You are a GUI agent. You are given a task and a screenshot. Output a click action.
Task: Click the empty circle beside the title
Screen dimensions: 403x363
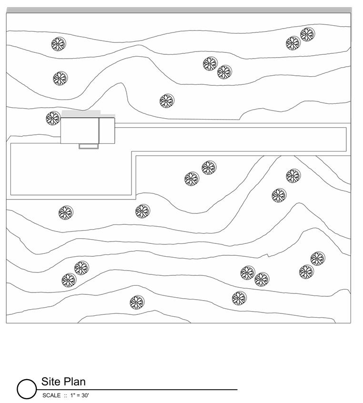[x=27, y=389]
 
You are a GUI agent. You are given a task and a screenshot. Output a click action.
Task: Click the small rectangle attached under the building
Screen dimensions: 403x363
[x=89, y=146]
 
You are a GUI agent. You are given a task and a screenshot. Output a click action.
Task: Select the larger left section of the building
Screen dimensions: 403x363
[x=80, y=131]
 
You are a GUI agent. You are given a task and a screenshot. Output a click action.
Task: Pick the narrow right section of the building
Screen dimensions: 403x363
[x=107, y=131]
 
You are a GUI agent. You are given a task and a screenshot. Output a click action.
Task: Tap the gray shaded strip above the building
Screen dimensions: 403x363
[x=81, y=113]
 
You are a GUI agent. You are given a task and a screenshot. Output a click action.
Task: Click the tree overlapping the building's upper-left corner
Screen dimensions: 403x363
[x=53, y=118]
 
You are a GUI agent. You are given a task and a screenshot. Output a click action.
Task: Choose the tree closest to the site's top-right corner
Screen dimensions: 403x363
[x=307, y=34]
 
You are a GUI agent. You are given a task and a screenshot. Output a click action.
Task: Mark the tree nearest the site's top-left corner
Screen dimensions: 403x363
[x=59, y=44]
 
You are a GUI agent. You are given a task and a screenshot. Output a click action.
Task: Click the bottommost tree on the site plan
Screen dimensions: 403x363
[x=137, y=302]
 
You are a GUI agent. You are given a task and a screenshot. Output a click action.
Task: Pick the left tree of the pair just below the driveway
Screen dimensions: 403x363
[x=192, y=179]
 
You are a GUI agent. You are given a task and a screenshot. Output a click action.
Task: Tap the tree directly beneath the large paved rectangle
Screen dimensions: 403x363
[x=64, y=213]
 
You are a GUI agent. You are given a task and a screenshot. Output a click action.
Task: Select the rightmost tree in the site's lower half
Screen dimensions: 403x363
[x=318, y=259]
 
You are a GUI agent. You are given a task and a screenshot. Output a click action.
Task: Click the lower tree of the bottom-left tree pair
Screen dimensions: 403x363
[x=69, y=280]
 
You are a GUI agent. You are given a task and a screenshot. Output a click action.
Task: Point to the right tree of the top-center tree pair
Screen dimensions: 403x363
[x=224, y=72]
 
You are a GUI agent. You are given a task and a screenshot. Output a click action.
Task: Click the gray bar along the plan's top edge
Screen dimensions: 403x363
[x=179, y=10]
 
